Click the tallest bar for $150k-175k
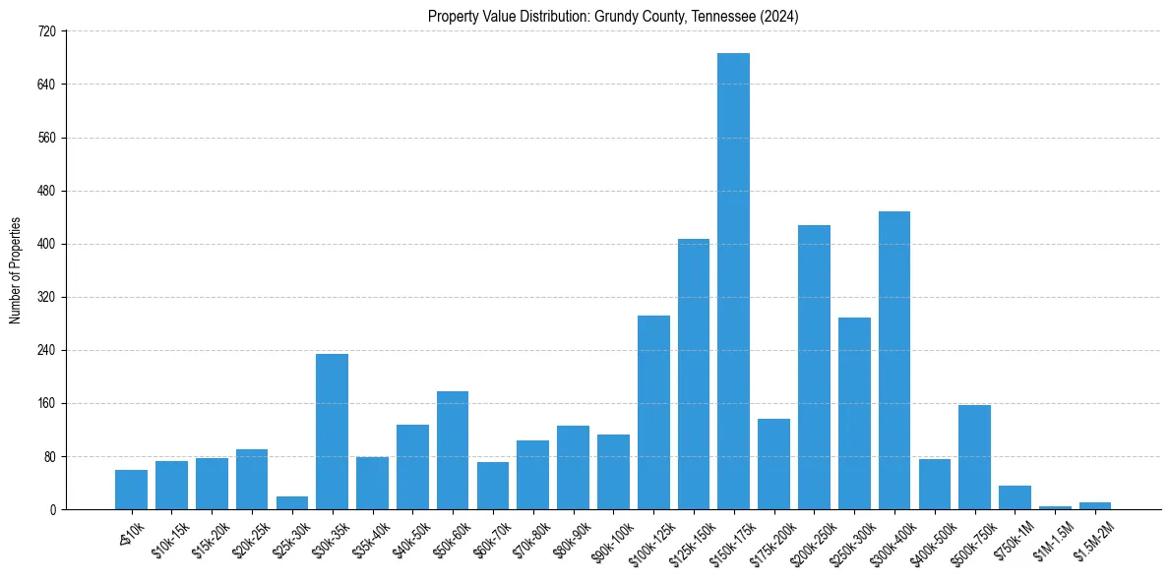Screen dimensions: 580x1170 (733, 281)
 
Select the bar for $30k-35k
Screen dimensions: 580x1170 (332, 432)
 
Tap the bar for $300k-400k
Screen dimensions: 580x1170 (893, 360)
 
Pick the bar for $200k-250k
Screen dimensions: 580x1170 (814, 367)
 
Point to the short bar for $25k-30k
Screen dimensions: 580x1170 (291, 503)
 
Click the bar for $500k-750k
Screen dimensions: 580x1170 (974, 457)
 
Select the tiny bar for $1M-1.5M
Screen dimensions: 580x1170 (1055, 507)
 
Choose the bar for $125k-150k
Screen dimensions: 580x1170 (693, 374)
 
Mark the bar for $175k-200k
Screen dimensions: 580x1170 (773, 464)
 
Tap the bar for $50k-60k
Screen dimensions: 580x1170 (452, 450)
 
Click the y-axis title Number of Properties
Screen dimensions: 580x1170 (15, 270)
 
